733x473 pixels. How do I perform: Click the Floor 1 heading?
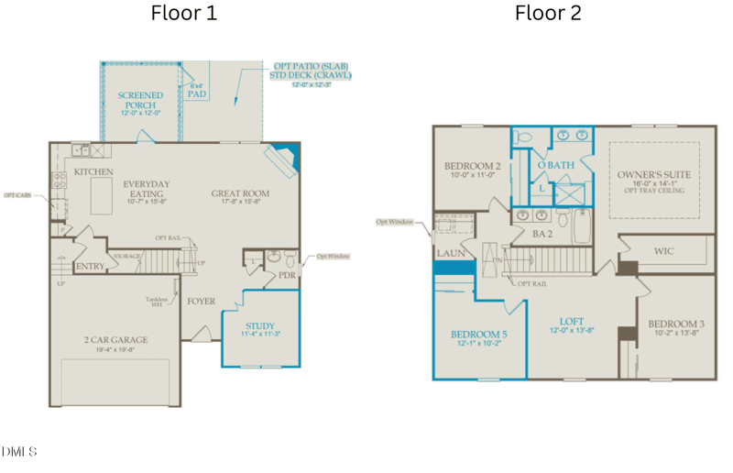[183, 14]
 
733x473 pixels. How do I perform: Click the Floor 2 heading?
[548, 14]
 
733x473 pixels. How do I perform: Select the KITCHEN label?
[93, 171]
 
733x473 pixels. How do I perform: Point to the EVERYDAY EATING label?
[147, 190]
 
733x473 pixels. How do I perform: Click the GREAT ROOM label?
[240, 193]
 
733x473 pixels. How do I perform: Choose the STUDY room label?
[259, 326]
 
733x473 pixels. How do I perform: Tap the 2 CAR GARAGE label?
[115, 340]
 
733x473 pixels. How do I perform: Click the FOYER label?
[202, 301]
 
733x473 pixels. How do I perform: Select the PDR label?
[286, 274]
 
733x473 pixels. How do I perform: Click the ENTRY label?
[90, 267]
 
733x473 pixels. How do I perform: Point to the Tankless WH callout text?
[154, 302]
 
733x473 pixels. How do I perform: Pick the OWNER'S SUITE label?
[653, 174]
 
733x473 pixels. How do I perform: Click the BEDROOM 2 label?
[470, 166]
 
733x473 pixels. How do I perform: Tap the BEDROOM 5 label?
[478, 334]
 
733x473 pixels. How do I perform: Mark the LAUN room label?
[450, 252]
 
